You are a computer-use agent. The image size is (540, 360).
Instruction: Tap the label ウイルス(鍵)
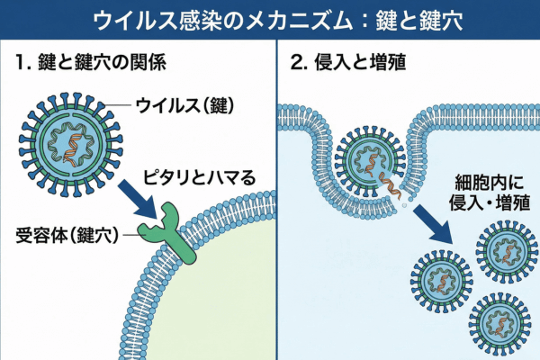point(184,106)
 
